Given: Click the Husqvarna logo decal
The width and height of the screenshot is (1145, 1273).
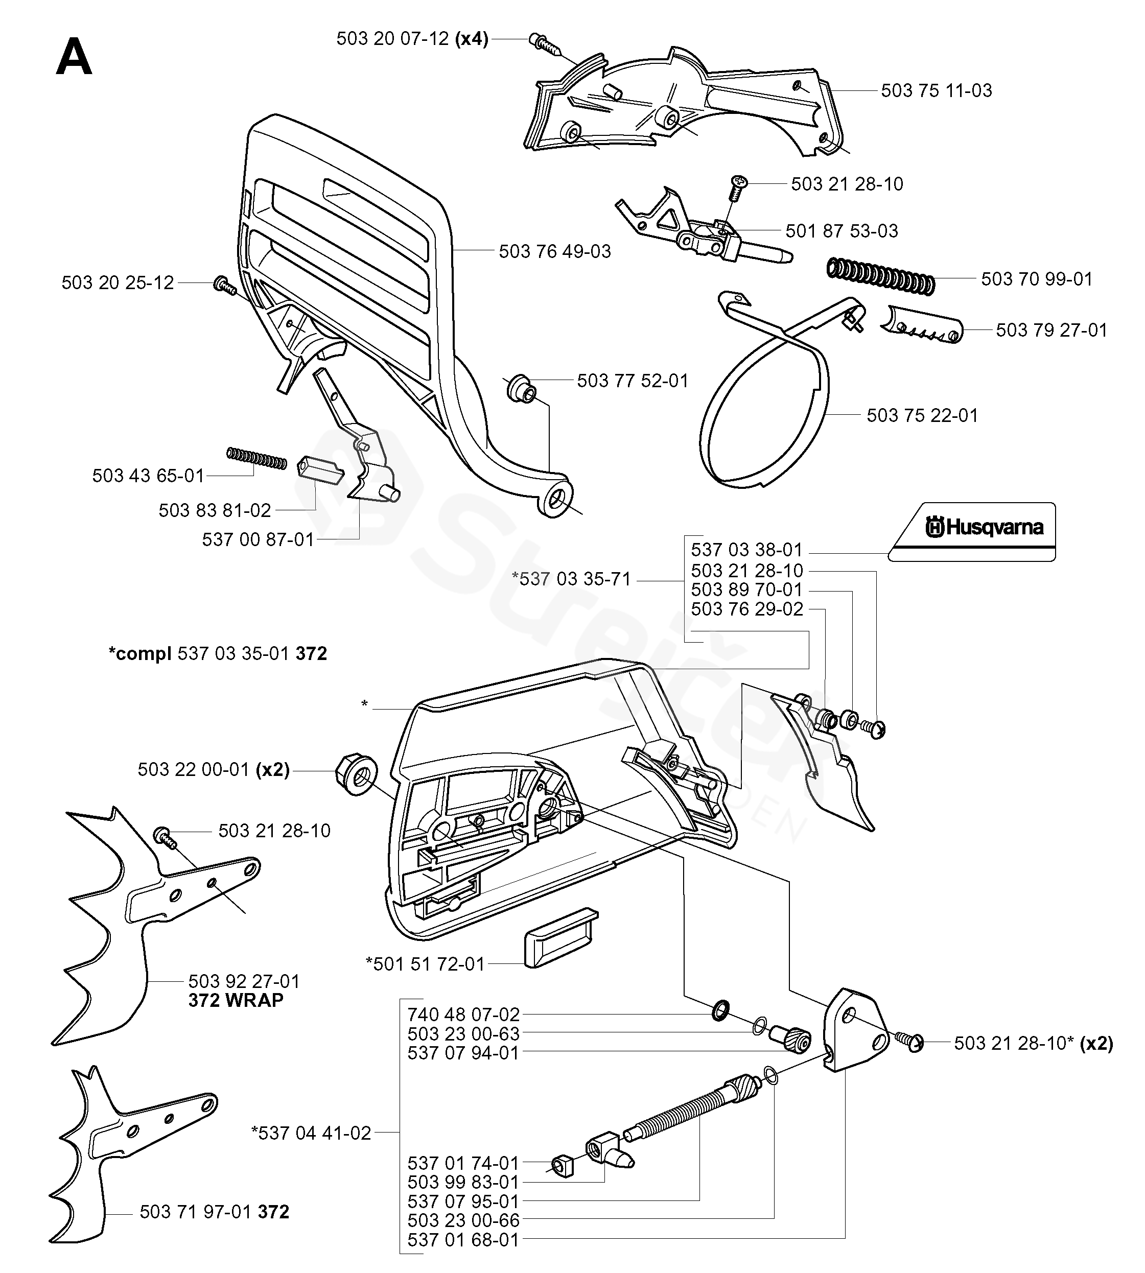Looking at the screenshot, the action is (971, 531).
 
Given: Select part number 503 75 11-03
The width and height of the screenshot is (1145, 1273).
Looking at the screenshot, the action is (936, 90).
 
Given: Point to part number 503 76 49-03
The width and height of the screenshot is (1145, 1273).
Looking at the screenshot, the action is (555, 251).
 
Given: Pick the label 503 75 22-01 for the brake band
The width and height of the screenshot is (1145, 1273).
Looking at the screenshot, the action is (922, 416).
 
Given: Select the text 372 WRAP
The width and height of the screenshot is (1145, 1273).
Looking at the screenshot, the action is (236, 1000).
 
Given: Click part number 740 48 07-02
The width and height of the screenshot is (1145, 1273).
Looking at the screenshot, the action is (463, 1015).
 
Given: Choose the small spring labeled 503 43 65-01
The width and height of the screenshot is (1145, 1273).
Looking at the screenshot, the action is (256, 458).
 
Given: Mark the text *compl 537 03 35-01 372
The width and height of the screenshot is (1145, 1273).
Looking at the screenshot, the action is (218, 653).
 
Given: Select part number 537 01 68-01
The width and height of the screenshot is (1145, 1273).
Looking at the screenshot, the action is (463, 1240).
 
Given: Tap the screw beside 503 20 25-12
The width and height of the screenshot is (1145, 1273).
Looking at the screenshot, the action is (224, 285).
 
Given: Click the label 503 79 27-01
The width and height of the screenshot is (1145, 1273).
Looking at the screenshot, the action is (1051, 330).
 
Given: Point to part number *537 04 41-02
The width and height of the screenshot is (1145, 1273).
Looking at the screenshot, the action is (312, 1133).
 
